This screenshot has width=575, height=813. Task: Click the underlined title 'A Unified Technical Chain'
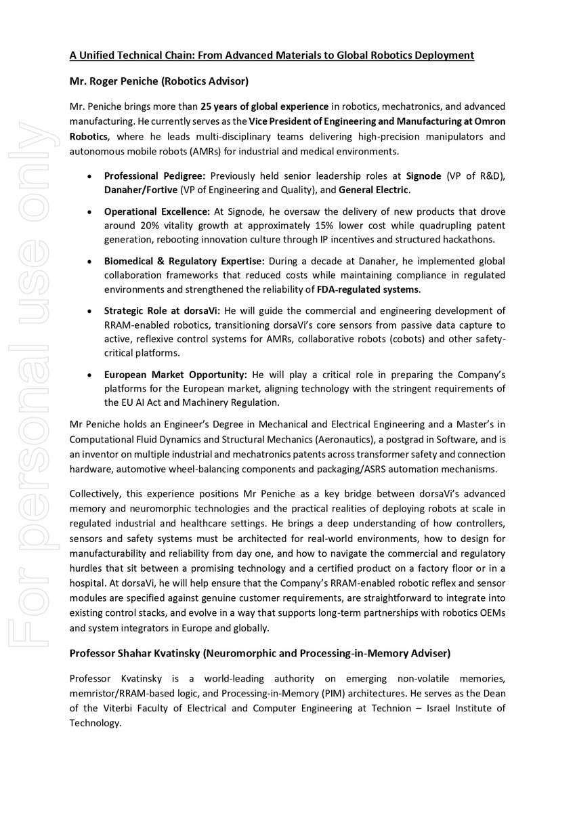pos(272,55)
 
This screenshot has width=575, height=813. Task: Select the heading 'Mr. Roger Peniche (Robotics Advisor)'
pos(159,81)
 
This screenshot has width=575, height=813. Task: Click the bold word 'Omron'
pos(488,121)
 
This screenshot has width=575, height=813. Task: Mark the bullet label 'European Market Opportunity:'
pos(175,374)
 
